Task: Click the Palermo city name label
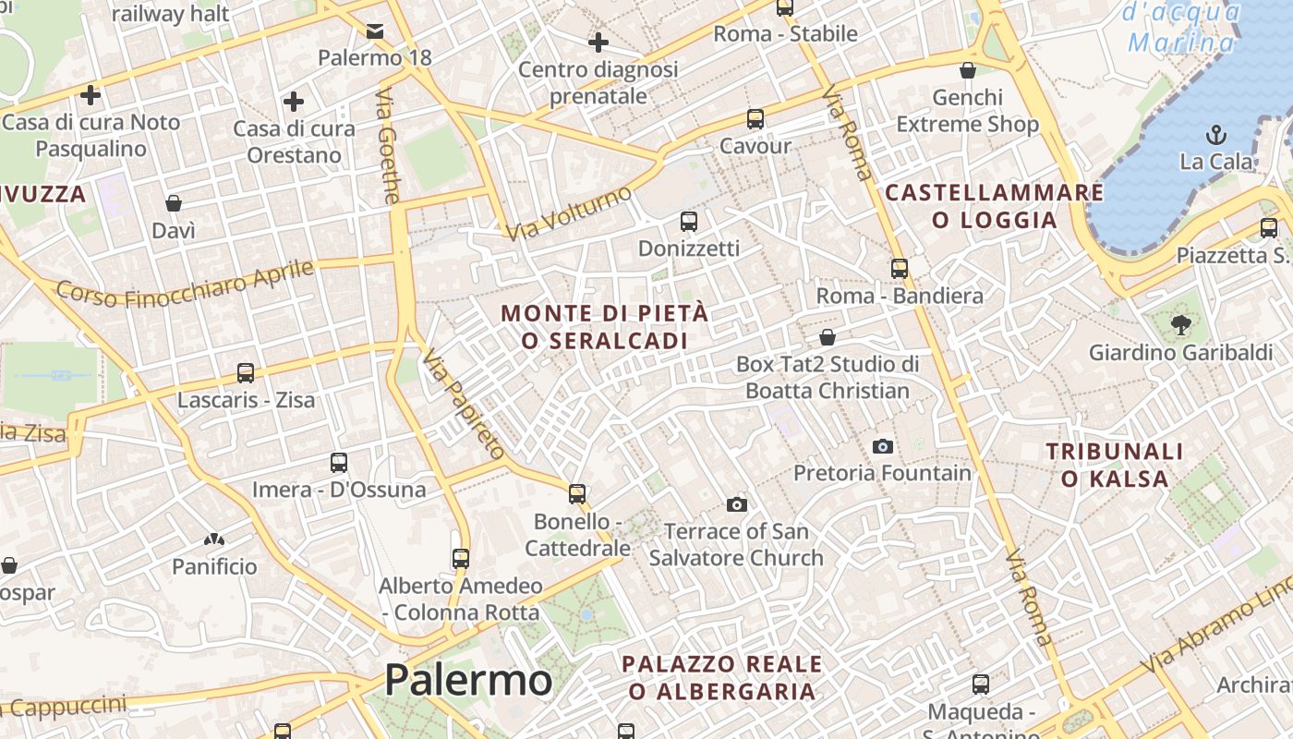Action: [468, 681]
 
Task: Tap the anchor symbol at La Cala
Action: [1216, 135]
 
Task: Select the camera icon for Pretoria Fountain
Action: [883, 447]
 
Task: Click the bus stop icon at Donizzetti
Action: [689, 222]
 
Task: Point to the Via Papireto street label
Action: [465, 405]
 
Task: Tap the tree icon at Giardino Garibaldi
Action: [1180, 324]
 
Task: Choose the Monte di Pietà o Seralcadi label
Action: [605, 327]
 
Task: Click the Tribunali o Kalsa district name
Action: [1114, 465]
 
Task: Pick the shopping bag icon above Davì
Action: [174, 203]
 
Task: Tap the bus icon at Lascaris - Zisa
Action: [246, 373]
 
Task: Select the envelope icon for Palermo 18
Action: [375, 32]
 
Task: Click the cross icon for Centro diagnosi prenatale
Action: [598, 42]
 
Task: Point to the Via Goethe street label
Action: [389, 146]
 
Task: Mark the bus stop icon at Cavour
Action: [755, 119]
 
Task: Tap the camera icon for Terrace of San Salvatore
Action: [736, 504]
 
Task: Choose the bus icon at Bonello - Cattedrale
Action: [577, 494]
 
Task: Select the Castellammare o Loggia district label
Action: [995, 206]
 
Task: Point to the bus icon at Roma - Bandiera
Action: [900, 269]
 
